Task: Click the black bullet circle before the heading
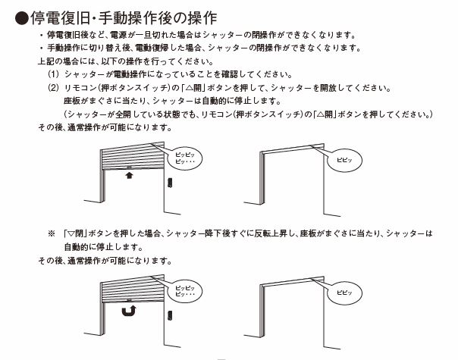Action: tap(22, 18)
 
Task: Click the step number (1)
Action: tap(53, 74)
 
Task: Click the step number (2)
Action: tap(53, 88)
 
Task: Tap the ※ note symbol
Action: tap(52, 233)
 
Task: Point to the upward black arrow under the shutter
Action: tap(129, 175)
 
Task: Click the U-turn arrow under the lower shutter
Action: tap(130, 311)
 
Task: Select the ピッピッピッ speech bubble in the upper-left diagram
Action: tap(185, 158)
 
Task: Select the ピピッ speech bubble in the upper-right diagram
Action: tap(344, 160)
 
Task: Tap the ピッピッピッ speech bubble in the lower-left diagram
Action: tap(185, 291)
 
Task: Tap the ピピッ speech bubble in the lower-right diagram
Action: tap(344, 293)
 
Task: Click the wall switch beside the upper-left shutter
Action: tap(170, 183)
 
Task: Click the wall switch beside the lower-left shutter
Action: tap(170, 315)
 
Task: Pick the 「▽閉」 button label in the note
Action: tap(75, 233)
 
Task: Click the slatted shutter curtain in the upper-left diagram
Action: tap(132, 156)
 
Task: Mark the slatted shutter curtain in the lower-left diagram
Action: tap(132, 289)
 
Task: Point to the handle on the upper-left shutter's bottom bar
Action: tap(129, 167)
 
